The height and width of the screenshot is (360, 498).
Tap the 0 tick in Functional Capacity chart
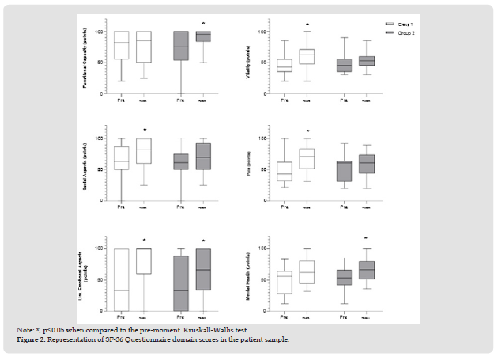[108, 93]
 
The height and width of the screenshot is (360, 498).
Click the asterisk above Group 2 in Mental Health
[366, 238]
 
